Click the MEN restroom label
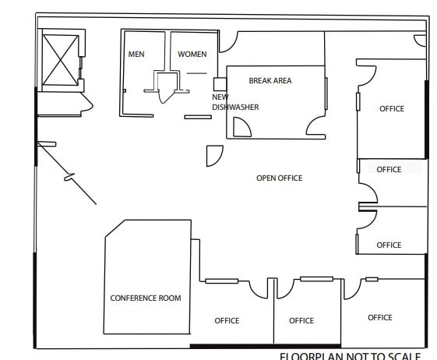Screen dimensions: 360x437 click(136, 54)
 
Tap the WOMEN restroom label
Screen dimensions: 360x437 click(192, 54)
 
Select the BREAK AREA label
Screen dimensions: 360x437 click(270, 80)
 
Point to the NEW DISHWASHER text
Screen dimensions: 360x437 click(234, 102)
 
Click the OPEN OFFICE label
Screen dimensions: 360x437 click(279, 178)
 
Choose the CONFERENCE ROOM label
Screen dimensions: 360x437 click(146, 298)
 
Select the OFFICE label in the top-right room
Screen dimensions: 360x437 click(392, 108)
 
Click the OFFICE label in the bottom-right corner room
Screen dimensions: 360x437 click(380, 317)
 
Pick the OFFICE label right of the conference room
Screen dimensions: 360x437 click(227, 320)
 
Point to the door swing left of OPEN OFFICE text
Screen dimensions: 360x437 click(213, 156)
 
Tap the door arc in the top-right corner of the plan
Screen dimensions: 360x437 click(420, 41)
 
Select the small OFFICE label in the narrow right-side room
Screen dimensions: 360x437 click(389, 169)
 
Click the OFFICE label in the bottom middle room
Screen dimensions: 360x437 click(301, 320)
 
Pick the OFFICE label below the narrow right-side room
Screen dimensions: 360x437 click(389, 245)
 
